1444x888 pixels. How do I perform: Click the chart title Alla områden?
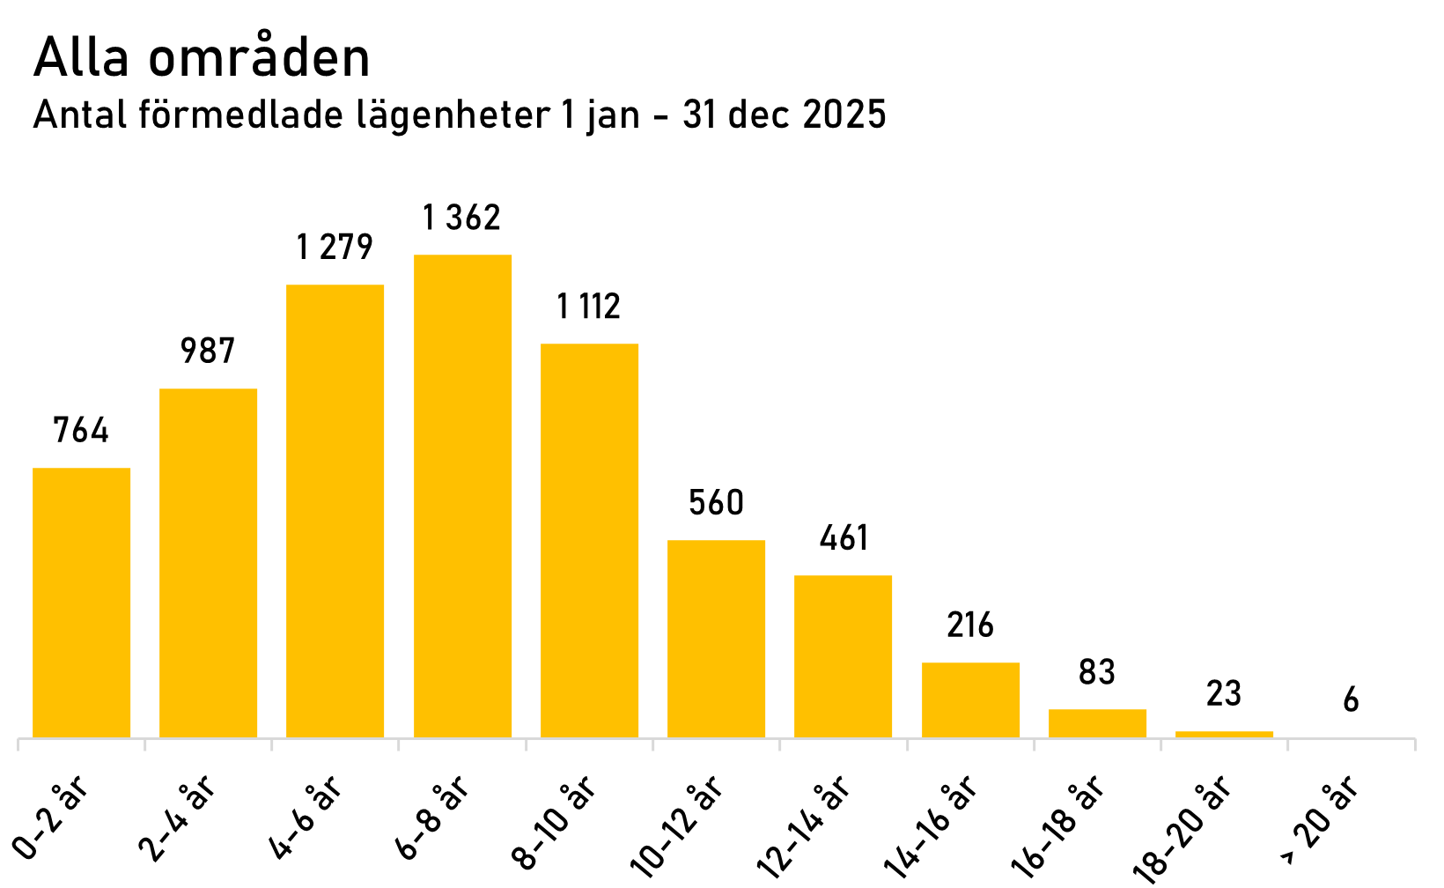tap(202, 60)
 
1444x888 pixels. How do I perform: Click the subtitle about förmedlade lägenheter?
tap(458, 115)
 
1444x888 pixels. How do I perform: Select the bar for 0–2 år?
tap(81, 603)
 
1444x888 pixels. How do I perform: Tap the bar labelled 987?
tap(208, 563)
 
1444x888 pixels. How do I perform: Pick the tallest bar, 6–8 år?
tap(462, 496)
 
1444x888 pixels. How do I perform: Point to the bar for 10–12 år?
tap(716, 639)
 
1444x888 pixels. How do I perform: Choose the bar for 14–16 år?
tap(970, 699)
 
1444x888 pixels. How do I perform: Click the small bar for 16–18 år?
tap(1097, 723)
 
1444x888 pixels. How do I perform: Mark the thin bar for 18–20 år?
tap(1224, 734)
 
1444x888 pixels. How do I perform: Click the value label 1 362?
tap(461, 218)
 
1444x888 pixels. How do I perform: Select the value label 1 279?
tap(335, 248)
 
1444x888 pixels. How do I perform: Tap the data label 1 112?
tap(588, 307)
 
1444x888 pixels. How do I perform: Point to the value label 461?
tap(844, 538)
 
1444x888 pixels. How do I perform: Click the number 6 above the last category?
tap(1351, 701)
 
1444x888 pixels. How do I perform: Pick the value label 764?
tap(81, 431)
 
